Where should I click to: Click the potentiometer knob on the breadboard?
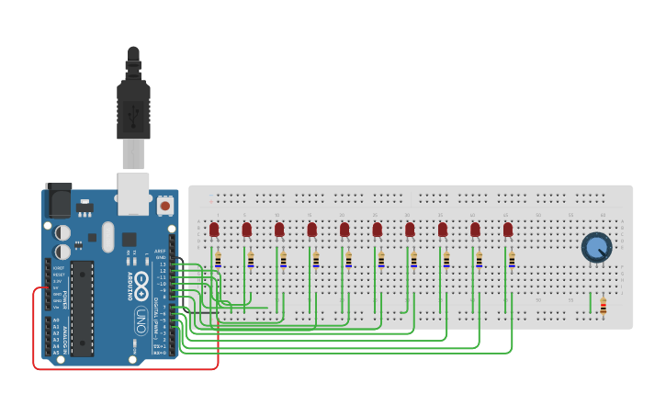pos(596,246)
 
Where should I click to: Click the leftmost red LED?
pos(214,229)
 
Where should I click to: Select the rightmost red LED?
pos(508,229)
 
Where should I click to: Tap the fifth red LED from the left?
pos(344,229)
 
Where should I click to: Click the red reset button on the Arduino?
pos(165,206)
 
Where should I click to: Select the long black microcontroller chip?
pos(82,308)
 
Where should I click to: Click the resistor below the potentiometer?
pos(603,307)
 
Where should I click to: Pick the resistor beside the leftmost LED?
pos(218,260)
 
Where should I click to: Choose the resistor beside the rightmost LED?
pos(512,260)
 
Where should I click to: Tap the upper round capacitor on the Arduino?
pos(62,233)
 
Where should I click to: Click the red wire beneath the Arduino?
pos(129,369)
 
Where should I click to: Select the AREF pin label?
pos(161,250)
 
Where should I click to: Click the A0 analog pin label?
pos(55,320)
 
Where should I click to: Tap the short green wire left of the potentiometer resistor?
pos(591,302)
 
